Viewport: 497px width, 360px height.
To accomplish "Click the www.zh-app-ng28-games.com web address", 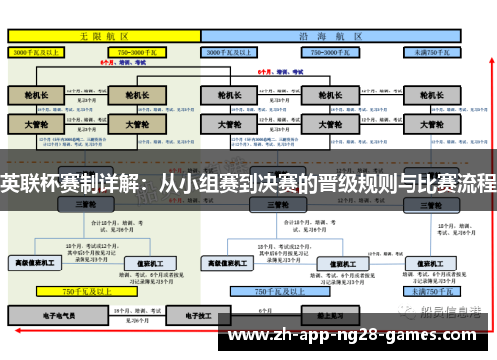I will (362, 335).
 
